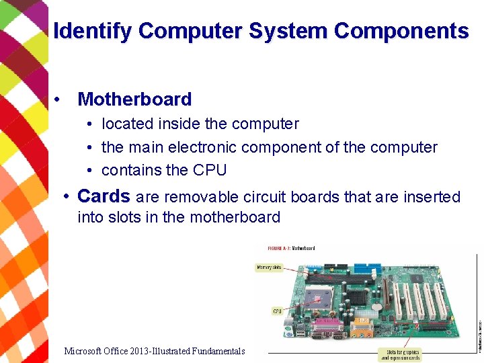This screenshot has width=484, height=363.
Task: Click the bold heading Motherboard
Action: [x=134, y=99]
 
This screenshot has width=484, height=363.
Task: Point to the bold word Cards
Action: [x=104, y=196]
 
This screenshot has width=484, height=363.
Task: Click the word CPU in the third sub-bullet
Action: [x=210, y=170]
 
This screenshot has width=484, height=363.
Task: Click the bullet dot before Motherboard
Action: [x=60, y=99]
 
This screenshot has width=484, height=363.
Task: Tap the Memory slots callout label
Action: [x=269, y=267]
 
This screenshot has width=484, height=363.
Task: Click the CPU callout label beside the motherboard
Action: [x=277, y=311]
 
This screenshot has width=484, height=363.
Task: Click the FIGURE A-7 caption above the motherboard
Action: [x=291, y=248]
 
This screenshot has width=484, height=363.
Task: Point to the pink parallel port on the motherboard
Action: [x=325, y=329]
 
